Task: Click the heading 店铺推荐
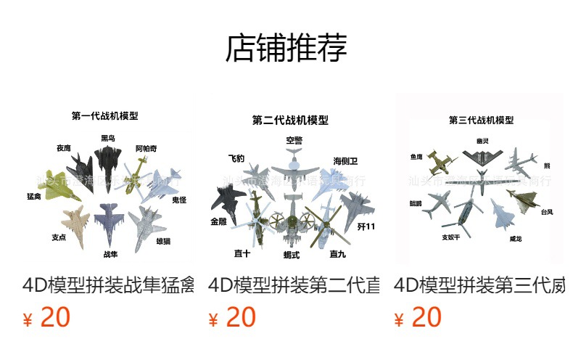click(x=286, y=49)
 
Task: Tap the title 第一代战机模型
click(x=105, y=115)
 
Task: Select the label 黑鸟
click(x=107, y=138)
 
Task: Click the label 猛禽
click(x=33, y=196)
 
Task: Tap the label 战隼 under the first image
click(x=110, y=254)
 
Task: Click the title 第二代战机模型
click(x=290, y=120)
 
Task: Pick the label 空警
click(x=294, y=139)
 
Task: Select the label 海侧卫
click(x=345, y=160)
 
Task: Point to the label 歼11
click(x=366, y=227)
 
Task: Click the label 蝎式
click(x=292, y=255)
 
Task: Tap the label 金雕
click(x=219, y=221)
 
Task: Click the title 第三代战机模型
click(x=481, y=120)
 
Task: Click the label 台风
click(x=546, y=212)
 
